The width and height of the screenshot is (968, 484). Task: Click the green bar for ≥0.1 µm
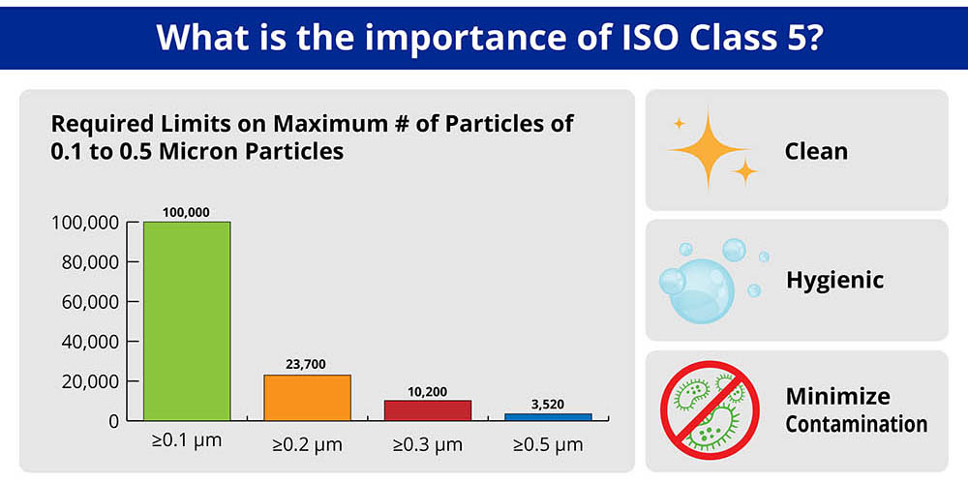[x=187, y=320]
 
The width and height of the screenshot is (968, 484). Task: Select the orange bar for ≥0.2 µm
[x=307, y=397]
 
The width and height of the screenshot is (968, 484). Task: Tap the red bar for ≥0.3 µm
[x=428, y=409]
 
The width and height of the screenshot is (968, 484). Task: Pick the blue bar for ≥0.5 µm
[x=548, y=416]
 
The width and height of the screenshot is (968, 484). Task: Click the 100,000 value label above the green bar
[x=187, y=212]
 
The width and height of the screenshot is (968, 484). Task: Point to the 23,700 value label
[x=306, y=364]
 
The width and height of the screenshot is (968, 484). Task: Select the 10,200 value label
[x=427, y=390]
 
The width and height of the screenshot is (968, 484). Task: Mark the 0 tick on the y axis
[x=113, y=421]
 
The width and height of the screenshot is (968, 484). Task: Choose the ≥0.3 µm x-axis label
[x=427, y=445]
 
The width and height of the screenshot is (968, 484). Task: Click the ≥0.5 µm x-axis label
[x=548, y=445]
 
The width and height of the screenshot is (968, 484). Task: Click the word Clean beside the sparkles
[x=816, y=151]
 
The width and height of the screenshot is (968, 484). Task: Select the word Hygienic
[x=834, y=281]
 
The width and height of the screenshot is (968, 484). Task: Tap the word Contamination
[x=856, y=424]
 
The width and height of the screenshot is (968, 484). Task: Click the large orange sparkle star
[x=710, y=149]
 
